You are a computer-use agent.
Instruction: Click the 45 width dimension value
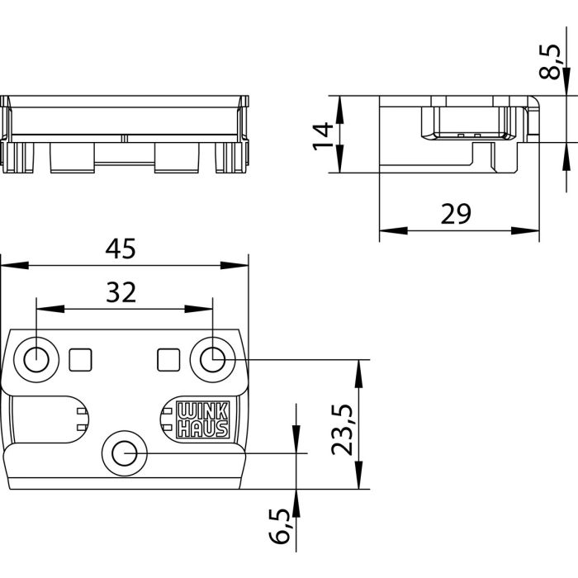coord(123,247)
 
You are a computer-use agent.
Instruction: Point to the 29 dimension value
coord(455,214)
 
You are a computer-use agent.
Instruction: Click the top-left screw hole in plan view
coord(36,359)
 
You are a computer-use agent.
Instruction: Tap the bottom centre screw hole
coord(125,452)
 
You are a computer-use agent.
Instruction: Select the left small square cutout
coord(80,358)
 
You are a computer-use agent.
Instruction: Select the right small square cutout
coord(168,358)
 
